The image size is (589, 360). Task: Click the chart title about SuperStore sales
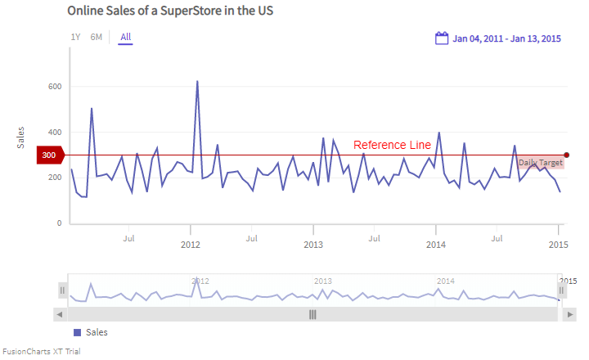(x=170, y=11)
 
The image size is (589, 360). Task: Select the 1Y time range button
(x=75, y=37)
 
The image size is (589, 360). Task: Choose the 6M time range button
(x=97, y=37)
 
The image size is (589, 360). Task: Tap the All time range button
(x=125, y=37)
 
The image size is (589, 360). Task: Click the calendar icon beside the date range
(x=442, y=38)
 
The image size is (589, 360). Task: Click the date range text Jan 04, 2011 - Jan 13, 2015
(x=506, y=38)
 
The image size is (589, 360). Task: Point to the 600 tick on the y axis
(x=55, y=87)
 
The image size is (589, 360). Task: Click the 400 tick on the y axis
(x=55, y=133)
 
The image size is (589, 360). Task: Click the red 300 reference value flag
(x=50, y=155)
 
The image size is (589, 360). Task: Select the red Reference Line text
(x=392, y=145)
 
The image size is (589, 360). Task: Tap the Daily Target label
(x=541, y=163)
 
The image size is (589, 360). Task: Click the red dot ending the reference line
(x=566, y=155)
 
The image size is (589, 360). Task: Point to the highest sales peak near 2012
(x=197, y=82)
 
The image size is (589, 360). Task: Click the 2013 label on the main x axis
(x=313, y=245)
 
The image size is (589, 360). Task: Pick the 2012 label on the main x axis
(x=191, y=245)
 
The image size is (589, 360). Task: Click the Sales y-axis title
(x=21, y=137)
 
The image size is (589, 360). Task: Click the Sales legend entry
(x=91, y=332)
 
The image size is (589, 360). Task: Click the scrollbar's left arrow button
(x=59, y=314)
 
